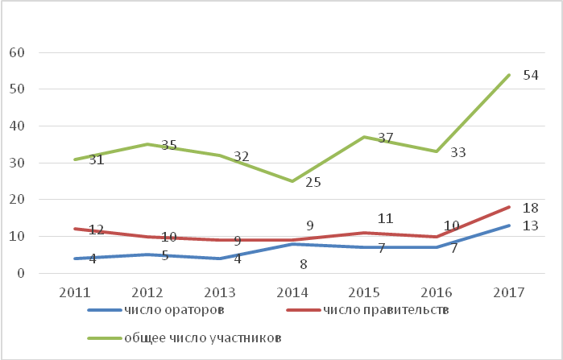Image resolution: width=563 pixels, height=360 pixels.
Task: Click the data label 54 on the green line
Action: pos(531,76)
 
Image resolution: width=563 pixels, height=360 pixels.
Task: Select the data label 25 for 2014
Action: pos(313,182)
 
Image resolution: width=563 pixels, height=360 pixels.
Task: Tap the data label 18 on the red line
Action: pos(531,208)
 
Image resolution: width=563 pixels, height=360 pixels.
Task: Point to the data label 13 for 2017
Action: pos(531,226)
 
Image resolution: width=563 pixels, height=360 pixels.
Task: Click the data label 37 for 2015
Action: pos(386,138)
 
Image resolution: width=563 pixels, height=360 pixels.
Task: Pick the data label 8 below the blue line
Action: pos(304,264)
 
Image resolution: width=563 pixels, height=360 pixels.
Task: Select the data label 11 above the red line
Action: pos(386,218)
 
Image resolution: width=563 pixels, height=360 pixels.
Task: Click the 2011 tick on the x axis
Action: pos(75,292)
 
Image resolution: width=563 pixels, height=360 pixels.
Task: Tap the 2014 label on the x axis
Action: pos(292,292)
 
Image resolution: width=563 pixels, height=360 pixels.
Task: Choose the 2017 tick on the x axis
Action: pos(509,292)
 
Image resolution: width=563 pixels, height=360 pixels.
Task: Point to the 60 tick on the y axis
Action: pos(17,52)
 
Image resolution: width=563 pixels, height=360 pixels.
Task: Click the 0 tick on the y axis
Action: pos(21,273)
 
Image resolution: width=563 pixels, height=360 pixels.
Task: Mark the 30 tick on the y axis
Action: pos(17,163)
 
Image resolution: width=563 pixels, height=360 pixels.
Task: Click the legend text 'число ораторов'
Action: pos(174,309)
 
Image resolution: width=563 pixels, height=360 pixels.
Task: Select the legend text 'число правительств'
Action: pos(386,309)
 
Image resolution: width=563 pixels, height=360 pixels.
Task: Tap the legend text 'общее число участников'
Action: pos(202,337)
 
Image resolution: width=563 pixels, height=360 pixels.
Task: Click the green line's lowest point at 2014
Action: pos(292,181)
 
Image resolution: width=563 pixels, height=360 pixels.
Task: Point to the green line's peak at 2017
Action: pos(509,75)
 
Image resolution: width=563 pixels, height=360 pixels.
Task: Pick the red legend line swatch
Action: pos(304,310)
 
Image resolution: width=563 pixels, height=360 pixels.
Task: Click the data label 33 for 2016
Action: pos(458,152)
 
